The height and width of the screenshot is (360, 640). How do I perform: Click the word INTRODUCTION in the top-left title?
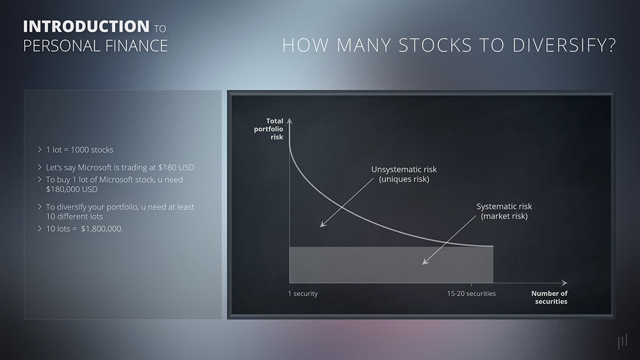[x=86, y=27]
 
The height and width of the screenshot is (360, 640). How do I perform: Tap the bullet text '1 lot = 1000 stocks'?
[x=79, y=150]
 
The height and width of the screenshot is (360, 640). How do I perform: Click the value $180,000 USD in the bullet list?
[x=72, y=189]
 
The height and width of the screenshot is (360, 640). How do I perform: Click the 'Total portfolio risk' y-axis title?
[x=269, y=129]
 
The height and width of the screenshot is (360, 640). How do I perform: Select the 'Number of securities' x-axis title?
[x=549, y=298]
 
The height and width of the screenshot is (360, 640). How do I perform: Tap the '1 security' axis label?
[x=302, y=294]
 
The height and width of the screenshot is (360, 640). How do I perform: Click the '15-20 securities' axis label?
[x=471, y=294]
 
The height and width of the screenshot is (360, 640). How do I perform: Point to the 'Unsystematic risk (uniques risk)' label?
[x=404, y=174]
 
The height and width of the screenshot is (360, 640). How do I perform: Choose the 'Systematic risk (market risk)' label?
[x=504, y=211]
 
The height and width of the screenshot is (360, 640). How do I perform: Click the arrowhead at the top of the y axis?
[x=289, y=119]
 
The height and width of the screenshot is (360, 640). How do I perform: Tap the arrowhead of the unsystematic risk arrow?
[x=322, y=226]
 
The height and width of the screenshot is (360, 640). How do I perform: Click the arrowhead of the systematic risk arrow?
[x=425, y=262]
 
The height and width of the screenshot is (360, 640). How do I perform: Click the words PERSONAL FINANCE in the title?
[x=95, y=46]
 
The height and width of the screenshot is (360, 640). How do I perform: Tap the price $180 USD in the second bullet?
[x=176, y=167]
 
